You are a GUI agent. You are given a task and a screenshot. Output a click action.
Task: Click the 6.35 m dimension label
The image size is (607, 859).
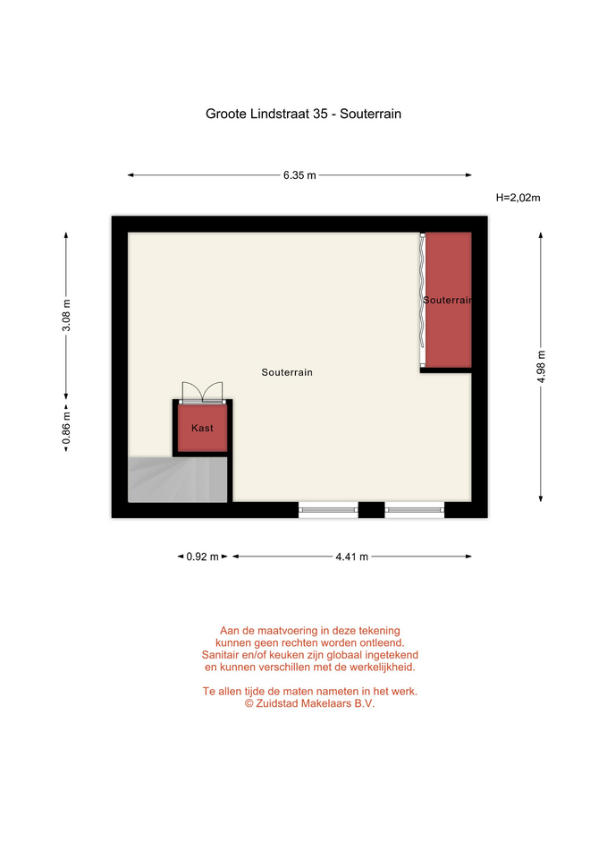[299, 175]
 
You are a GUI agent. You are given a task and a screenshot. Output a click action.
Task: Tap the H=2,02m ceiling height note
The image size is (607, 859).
[518, 198]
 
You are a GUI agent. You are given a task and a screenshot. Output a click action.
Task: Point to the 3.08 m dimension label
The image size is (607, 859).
[66, 316]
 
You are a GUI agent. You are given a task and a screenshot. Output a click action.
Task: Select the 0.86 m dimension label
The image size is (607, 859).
[66, 428]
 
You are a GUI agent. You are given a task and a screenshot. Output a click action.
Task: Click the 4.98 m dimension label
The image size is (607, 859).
[541, 367]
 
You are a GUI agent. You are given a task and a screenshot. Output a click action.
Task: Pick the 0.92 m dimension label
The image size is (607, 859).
[203, 557]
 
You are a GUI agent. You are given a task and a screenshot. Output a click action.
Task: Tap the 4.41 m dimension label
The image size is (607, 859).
[352, 557]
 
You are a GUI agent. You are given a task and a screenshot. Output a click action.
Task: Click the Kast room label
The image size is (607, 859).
[203, 428]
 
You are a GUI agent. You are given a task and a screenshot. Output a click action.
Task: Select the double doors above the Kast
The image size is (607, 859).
[203, 393]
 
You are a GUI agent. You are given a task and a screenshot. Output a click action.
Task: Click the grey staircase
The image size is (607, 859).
[178, 480]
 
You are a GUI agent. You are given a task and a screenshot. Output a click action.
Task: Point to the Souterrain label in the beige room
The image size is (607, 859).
[287, 372]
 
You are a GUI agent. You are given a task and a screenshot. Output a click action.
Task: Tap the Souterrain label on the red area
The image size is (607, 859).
[447, 301]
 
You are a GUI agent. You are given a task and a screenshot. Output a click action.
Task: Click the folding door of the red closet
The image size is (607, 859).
[423, 301]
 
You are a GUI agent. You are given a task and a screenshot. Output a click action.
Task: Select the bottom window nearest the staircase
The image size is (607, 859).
[328, 510]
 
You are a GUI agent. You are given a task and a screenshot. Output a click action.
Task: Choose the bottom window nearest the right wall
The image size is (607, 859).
[414, 510]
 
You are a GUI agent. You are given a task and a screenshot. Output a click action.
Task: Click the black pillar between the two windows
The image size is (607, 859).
[371, 510]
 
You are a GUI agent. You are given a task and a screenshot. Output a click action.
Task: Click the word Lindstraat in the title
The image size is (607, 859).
[280, 114]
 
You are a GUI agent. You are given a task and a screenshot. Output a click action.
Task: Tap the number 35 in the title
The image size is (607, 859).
[320, 114]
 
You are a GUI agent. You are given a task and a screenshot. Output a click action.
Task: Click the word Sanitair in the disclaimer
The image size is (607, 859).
[220, 655]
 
